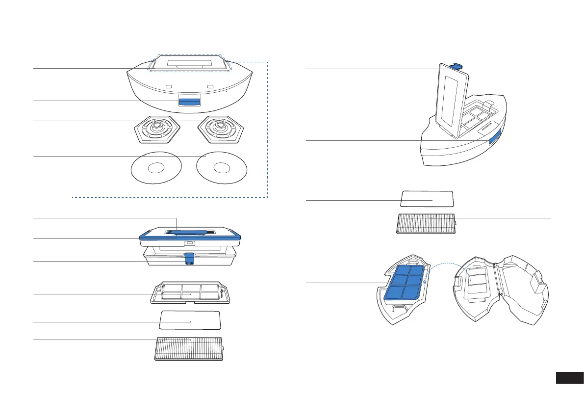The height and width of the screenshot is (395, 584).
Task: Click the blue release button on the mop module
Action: click(x=189, y=102)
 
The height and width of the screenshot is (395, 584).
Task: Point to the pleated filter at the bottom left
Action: click(x=189, y=349)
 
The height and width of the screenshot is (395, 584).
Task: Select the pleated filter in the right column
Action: click(x=426, y=224)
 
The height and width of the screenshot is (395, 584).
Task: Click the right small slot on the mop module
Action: click(x=210, y=86)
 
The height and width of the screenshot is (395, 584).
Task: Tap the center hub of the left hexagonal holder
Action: click(x=158, y=127)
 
